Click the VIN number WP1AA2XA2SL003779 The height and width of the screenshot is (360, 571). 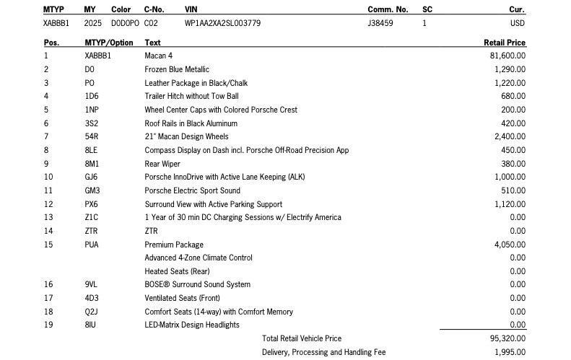tap(222, 23)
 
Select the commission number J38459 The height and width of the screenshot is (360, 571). tap(380, 23)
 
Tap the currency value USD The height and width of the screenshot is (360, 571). tap(517, 23)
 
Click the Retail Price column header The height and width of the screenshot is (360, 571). tap(504, 43)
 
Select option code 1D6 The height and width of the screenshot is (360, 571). tap(92, 96)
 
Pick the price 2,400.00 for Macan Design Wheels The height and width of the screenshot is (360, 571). tap(510, 136)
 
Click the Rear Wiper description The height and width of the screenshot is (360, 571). tap(162, 164)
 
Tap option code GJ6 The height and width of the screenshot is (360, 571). tap(92, 177)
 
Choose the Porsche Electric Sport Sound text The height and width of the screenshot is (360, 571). tap(192, 190)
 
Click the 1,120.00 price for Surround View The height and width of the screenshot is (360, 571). tap(510, 204)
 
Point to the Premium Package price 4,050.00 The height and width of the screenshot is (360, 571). tap(510, 245)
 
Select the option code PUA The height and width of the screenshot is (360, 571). tap(92, 245)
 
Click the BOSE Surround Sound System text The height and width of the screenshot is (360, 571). tap(197, 284)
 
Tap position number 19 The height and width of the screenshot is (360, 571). tap(48, 325)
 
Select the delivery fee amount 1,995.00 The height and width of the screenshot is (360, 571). tap(510, 352)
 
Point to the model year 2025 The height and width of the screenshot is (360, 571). tap(93, 23)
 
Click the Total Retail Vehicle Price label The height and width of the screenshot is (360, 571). tap(302, 338)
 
